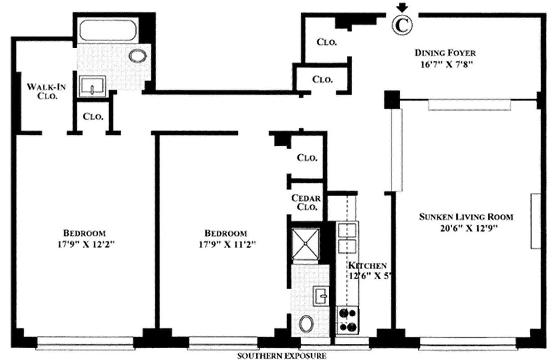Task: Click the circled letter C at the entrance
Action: coord(401,25)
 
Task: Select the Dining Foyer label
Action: coord(445,53)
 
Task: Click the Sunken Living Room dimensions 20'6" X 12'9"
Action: coord(466,228)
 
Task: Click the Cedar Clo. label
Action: coord(306,202)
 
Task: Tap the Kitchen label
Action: coord(367,265)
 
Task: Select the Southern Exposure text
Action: coord(282,356)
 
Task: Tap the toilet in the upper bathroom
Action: coord(137,56)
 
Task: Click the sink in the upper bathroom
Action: coord(92,86)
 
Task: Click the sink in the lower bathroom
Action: coord(322,296)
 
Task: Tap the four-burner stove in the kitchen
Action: coord(348,320)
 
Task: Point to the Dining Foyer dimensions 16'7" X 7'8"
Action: coord(445,64)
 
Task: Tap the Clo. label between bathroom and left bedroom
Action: coord(93,117)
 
